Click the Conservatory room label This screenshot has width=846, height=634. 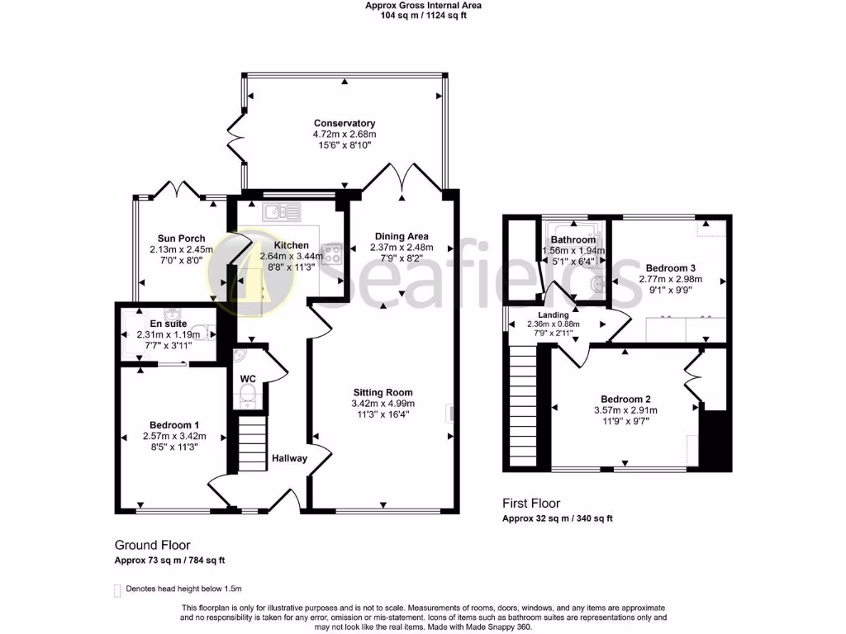pos(344,123)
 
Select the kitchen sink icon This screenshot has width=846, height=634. pos(282,212)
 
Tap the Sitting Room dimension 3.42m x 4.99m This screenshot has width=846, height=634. pos(383,404)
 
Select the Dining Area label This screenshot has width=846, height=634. pos(401,236)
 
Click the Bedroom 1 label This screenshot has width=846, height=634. pos(173,424)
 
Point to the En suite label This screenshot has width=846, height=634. pos(169,324)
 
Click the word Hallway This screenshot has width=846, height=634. pos(289,459)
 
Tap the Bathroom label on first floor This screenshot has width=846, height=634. pos(573,240)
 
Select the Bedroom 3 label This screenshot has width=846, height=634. pos(670,268)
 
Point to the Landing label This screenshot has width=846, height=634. pos(553,315)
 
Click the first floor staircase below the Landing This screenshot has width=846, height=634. pos(522,405)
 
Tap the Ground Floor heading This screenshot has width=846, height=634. pos(152,545)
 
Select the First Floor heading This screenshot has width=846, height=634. pos(531,503)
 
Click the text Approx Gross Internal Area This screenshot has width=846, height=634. pos(423,5)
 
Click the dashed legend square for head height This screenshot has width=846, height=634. pos(117,589)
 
